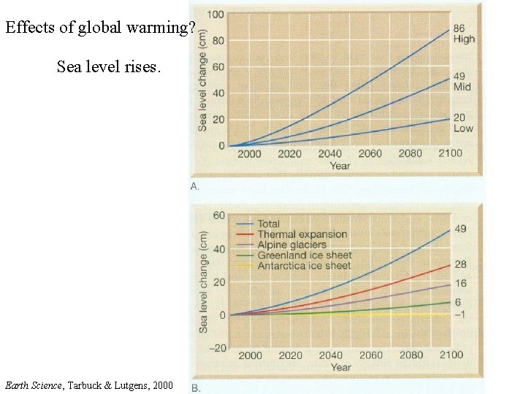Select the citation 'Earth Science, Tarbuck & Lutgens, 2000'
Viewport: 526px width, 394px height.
coord(89,385)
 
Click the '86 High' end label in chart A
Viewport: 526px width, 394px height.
coord(463,34)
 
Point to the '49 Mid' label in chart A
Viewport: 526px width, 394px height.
coord(462,82)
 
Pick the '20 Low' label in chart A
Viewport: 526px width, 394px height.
coord(463,123)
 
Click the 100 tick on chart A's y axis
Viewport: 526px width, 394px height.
coord(216,14)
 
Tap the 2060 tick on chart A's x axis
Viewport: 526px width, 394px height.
coord(370,154)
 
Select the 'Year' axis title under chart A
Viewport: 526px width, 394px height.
coord(340,166)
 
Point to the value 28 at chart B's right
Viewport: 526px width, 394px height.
coord(460,264)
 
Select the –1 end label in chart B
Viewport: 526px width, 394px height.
coord(460,315)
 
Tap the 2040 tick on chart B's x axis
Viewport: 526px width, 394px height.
coord(329,355)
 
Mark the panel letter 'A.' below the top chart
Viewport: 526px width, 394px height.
coord(195,186)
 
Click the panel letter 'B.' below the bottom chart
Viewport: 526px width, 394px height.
coord(196,387)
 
